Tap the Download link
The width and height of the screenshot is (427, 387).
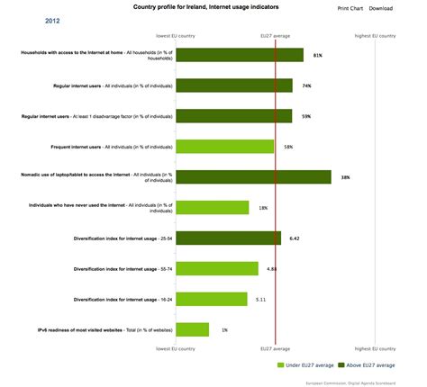coord(381,8)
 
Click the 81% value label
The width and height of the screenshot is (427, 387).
coord(317,56)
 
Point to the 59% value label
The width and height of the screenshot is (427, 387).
coord(306,116)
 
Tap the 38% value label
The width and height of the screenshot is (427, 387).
coord(345,177)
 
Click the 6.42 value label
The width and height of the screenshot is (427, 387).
coord(294,238)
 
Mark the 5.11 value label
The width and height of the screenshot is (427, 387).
coord(260,299)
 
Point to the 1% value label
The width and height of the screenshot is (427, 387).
coord(224,330)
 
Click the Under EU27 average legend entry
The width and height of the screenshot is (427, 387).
coord(309,365)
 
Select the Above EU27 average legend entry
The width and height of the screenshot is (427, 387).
coord(370,365)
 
